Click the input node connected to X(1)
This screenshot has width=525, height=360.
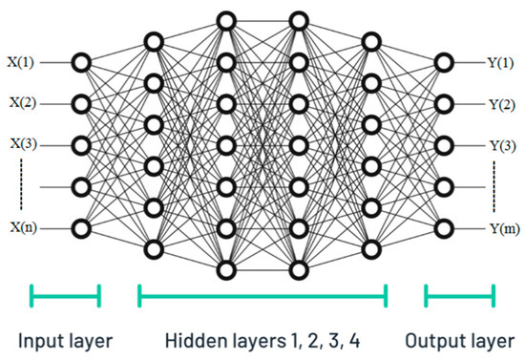(x=82, y=62)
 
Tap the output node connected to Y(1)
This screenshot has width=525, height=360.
(x=443, y=62)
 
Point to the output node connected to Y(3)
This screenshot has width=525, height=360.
(x=443, y=145)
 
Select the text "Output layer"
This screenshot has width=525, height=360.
(x=460, y=341)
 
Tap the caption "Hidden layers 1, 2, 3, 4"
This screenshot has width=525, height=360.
(x=262, y=341)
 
